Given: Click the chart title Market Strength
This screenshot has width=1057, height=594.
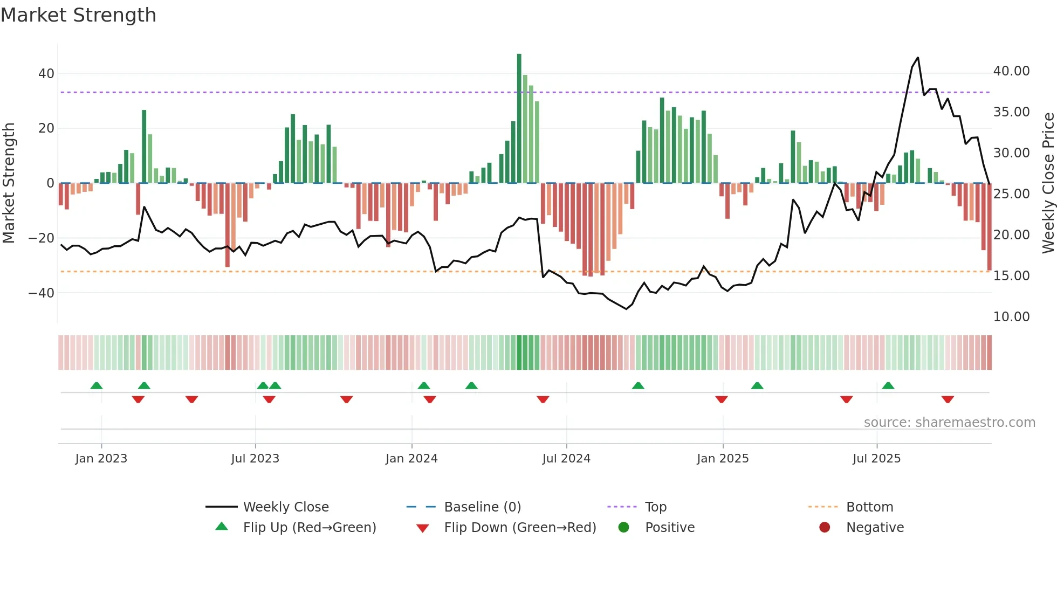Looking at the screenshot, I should (78, 15).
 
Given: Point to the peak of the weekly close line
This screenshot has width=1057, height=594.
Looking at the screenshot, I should (917, 58).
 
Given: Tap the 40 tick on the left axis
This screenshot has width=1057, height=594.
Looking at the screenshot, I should (46, 74).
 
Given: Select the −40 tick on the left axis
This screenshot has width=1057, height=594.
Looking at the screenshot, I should (42, 293).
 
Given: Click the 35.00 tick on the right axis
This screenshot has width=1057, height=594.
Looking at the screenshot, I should (1011, 112).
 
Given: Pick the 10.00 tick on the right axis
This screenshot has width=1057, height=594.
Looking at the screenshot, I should (1011, 317).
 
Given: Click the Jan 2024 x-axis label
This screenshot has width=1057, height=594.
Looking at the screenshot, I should (411, 459).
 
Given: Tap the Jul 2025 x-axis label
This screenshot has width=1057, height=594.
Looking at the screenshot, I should (876, 459).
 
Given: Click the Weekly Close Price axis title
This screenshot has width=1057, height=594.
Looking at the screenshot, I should (1048, 183).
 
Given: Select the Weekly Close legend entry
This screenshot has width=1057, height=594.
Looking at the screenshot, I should (285, 507).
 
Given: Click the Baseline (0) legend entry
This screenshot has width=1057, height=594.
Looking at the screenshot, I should (482, 507).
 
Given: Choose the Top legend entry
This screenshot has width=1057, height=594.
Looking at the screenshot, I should (655, 507).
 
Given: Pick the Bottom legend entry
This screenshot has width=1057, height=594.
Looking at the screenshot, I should (869, 507).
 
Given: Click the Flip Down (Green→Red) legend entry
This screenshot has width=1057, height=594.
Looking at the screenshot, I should (519, 528).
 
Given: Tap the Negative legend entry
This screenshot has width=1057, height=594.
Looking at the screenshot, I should (874, 528).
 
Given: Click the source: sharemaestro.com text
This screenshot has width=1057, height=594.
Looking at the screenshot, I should (949, 423).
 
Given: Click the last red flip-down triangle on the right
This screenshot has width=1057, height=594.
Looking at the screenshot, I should (948, 399).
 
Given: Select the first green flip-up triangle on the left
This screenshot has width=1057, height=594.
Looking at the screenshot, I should (97, 385).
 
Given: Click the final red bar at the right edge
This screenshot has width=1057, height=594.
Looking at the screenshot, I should (989, 226).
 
